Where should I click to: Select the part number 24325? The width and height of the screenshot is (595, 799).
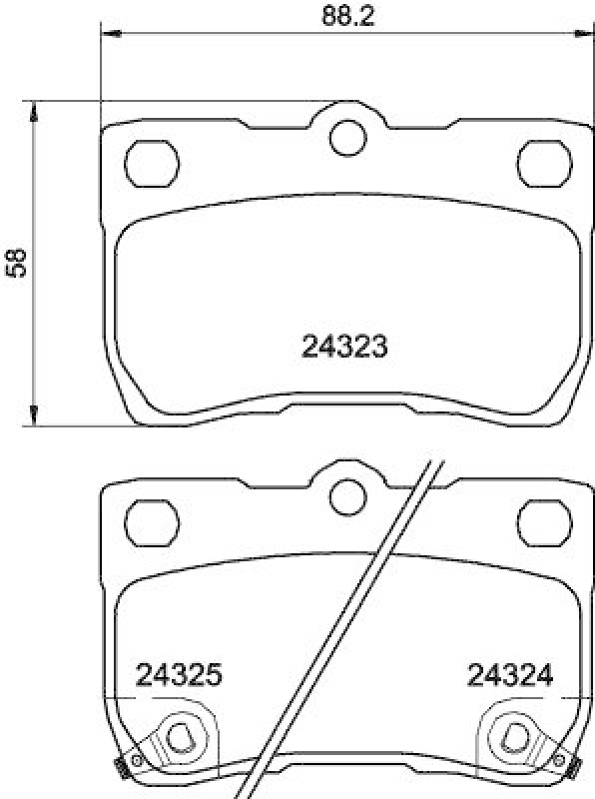(x=178, y=676)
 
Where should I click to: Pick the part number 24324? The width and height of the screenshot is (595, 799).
(x=510, y=676)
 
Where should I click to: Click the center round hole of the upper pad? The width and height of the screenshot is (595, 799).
(x=346, y=137)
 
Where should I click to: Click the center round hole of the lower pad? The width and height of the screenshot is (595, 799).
(x=346, y=493)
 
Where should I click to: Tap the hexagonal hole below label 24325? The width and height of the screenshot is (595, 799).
(x=180, y=736)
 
